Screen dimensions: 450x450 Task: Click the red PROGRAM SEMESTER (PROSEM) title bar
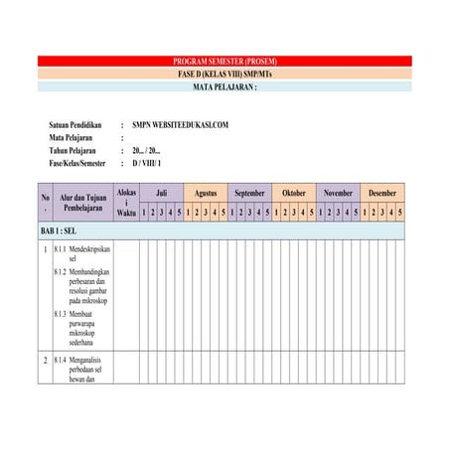225,61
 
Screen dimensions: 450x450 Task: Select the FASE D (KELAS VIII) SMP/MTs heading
225,74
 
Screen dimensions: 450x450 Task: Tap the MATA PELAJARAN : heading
225,86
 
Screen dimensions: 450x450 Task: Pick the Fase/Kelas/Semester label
80,162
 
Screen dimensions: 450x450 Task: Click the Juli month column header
161,193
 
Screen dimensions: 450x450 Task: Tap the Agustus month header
206,193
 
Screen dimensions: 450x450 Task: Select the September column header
250,193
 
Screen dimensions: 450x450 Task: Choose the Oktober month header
294,193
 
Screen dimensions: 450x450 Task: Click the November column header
338,193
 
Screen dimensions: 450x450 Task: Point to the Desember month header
382,193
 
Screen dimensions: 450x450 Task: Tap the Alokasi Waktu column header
126,202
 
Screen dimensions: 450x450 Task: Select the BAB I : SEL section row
60,230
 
